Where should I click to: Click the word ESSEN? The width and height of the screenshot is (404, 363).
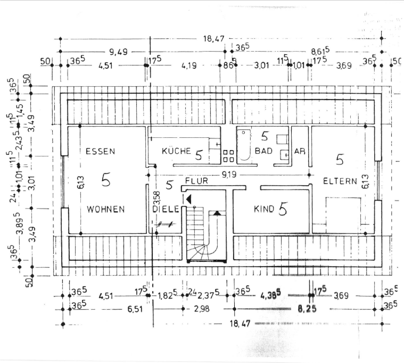click(x=100, y=152)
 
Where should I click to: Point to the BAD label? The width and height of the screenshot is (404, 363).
click(x=263, y=151)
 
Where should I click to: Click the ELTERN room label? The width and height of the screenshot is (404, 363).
click(x=339, y=181)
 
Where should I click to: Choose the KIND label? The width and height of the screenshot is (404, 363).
click(x=263, y=210)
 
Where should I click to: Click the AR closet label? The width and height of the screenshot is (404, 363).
click(x=300, y=151)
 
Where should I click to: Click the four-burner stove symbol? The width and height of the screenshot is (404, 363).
click(x=228, y=155)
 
